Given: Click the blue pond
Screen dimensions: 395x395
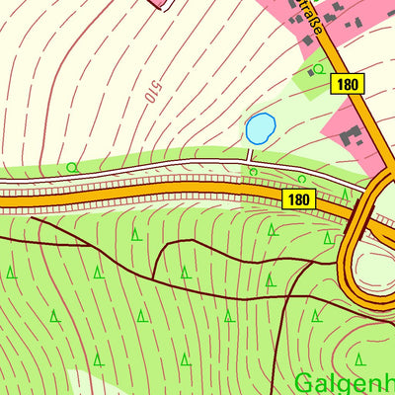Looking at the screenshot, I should (260, 127).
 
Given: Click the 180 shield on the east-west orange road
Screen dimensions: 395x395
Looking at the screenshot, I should (301, 199).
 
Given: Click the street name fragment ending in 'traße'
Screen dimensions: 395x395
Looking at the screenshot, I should (312, 18).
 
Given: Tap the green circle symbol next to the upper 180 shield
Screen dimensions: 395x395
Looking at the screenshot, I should (318, 69).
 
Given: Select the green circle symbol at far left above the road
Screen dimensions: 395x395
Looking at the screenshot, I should (72, 167).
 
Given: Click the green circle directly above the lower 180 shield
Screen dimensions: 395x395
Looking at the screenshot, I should (302, 179).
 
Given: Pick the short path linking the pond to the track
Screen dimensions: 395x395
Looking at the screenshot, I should (251, 152).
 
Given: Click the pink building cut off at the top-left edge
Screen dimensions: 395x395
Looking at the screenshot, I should (160, 3).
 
